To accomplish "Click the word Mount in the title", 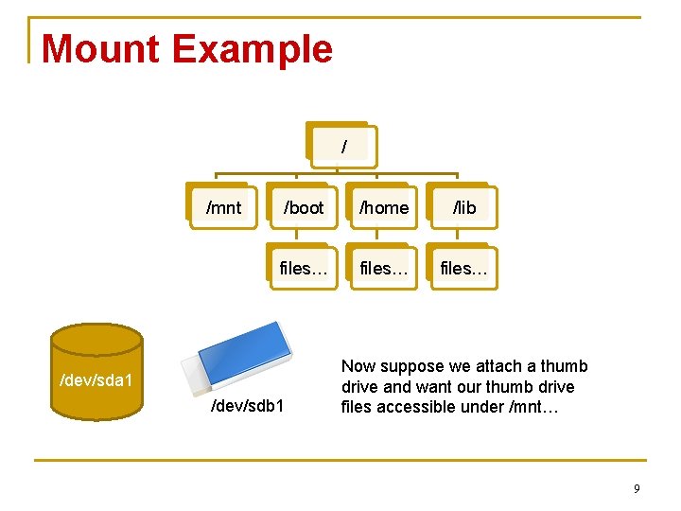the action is coord(100,49).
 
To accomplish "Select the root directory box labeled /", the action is coord(343,147).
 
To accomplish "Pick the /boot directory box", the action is coord(304,207).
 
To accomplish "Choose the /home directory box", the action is coord(384,207).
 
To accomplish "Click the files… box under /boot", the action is coord(304,269).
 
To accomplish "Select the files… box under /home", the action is coord(384,269).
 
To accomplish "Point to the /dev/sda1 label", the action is coord(96,381).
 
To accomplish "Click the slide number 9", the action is coord(637,488).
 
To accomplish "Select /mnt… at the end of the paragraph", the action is coord(540,408).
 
